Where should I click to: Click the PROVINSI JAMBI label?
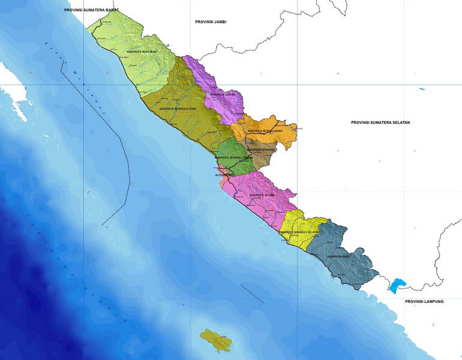point(211,22)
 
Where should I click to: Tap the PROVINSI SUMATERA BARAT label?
point(91,10)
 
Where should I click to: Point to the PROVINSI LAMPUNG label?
point(424,301)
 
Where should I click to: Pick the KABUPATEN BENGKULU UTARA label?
point(178,109)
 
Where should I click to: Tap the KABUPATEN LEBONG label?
point(223,94)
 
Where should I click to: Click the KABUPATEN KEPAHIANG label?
point(260,149)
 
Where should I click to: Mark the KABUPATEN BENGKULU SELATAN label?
point(298,232)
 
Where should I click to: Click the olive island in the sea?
point(215,341)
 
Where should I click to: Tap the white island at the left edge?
point(15,102)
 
